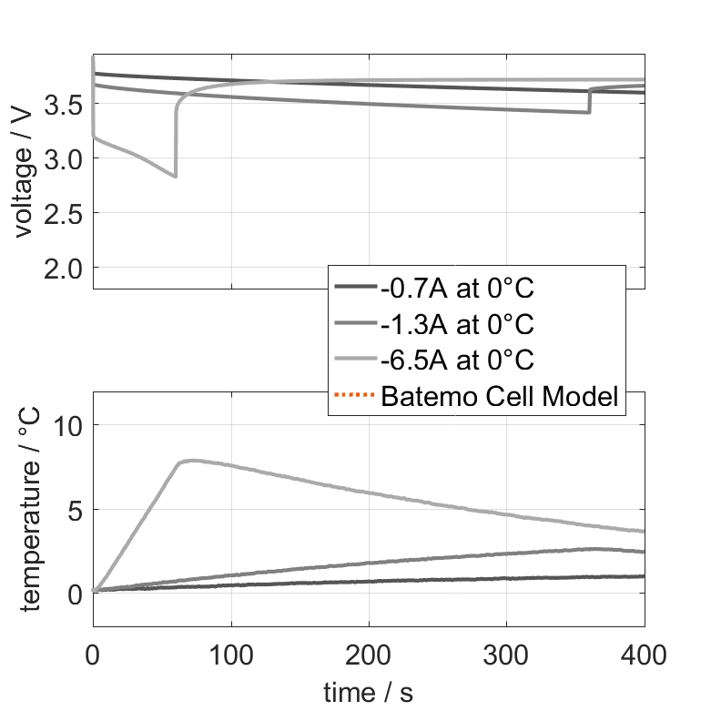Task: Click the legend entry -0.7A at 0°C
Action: tap(457, 289)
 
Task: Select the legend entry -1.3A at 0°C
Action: tap(457, 324)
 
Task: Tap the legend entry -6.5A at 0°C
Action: tap(457, 360)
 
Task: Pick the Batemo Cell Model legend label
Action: tap(501, 396)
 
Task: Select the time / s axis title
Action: tap(368, 693)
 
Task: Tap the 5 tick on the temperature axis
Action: tap(78, 509)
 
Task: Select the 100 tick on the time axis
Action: tap(231, 653)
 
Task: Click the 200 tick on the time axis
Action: tap(369, 653)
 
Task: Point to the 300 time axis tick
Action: tap(506, 653)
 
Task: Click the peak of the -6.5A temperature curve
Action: tap(191, 461)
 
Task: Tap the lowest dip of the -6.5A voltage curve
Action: tap(175, 177)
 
